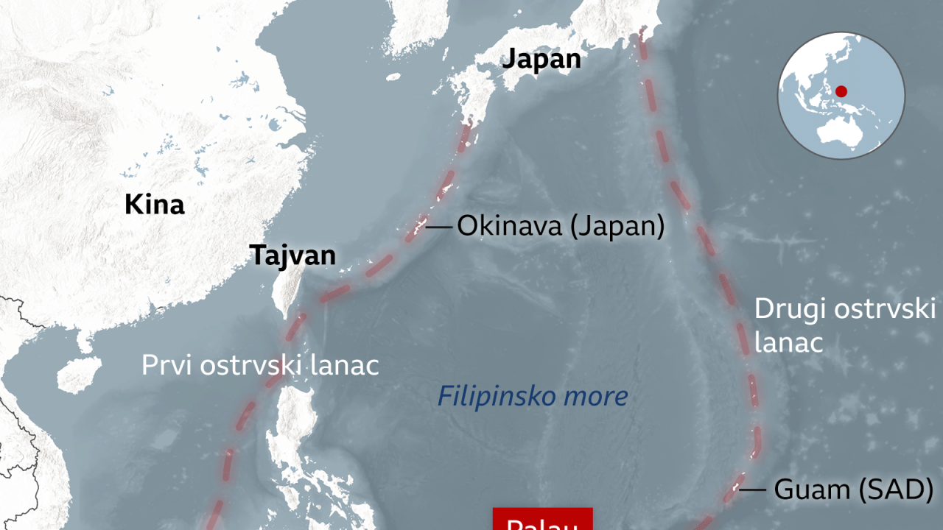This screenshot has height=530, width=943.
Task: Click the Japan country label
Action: (x=541, y=59)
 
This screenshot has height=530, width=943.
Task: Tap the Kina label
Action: (x=154, y=204)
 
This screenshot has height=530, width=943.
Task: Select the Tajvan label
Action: (x=292, y=255)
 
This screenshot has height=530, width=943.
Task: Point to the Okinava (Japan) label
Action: (x=561, y=226)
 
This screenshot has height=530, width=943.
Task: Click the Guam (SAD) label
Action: (x=853, y=490)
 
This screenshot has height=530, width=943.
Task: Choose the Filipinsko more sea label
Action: (x=533, y=396)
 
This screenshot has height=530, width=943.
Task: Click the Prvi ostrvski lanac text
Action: (x=260, y=365)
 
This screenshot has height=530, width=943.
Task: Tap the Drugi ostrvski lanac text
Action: (x=845, y=325)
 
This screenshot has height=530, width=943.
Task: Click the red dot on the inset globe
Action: (x=841, y=91)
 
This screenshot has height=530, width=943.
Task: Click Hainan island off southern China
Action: (x=79, y=374)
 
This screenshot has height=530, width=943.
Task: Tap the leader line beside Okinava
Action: (x=439, y=227)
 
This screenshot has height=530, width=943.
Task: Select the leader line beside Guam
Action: (x=753, y=490)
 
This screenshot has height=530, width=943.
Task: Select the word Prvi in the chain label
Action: (x=164, y=365)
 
